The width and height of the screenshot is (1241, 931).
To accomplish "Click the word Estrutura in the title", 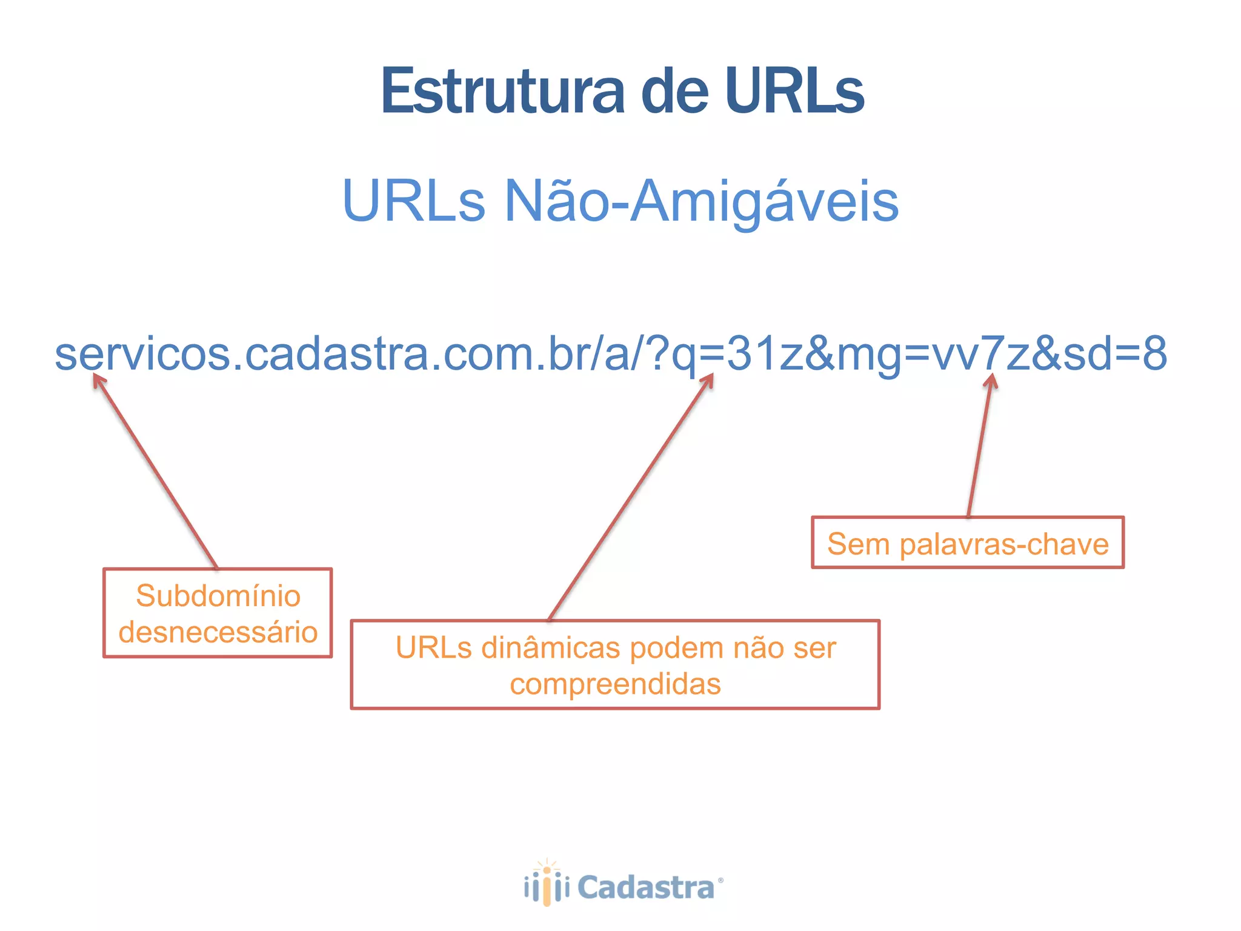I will coord(502,92).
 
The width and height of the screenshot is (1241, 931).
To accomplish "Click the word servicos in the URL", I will coord(143,355).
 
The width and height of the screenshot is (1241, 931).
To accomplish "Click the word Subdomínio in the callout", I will coord(218,596).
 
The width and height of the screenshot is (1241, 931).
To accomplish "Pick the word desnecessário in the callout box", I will coord(218,632).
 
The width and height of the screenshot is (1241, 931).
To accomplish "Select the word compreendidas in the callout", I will coord(615,684).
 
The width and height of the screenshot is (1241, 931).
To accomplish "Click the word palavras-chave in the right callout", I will coord(1004,544).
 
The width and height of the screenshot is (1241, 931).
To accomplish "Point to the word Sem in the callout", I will coord(858,544).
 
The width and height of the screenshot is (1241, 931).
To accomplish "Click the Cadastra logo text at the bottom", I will coord(646,888).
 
